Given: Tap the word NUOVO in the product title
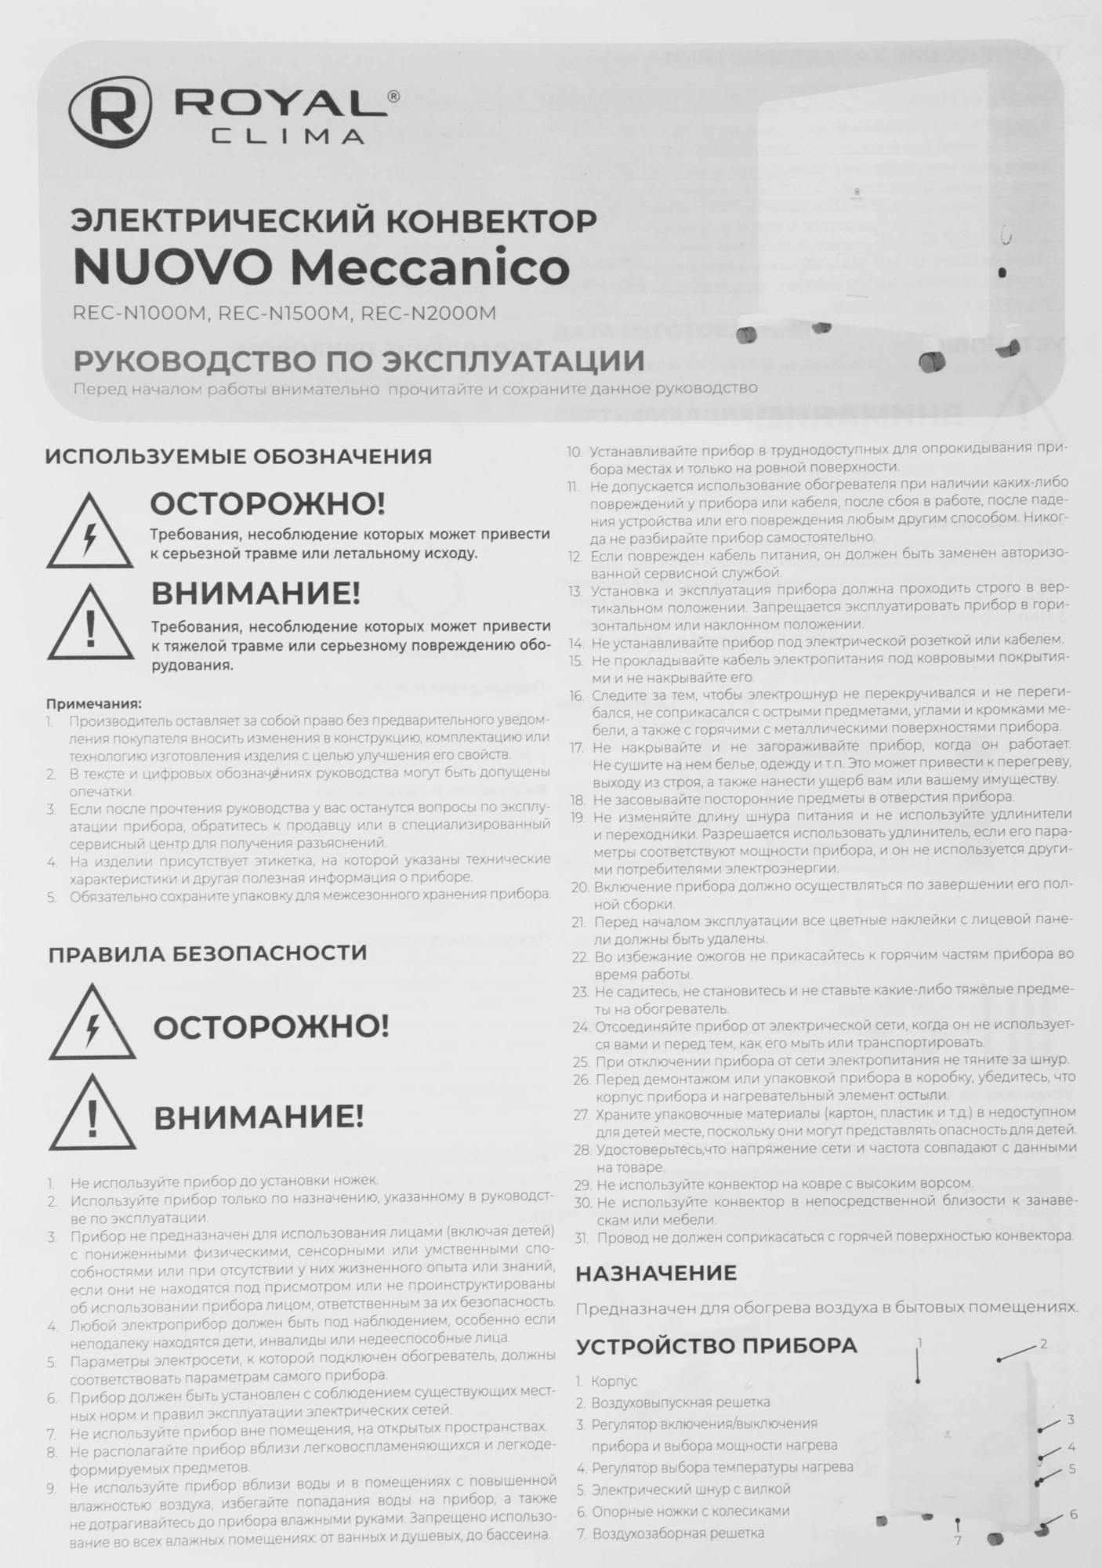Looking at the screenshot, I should click(x=176, y=267).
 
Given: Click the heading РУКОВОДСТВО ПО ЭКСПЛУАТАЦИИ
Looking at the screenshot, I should click(x=358, y=361).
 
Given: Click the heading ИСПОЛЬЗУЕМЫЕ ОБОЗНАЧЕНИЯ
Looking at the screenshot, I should click(x=238, y=456).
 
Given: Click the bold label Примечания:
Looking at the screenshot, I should click(x=94, y=703).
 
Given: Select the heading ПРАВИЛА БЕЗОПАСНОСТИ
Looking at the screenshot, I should click(x=208, y=953).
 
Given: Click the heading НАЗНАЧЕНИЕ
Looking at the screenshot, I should click(x=656, y=1272).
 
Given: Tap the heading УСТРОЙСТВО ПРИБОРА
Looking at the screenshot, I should click(x=716, y=1346).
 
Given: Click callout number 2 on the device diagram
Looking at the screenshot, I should click(x=1043, y=1344).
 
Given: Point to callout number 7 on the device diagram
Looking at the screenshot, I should click(x=958, y=1541).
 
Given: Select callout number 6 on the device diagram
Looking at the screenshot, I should click(x=1073, y=1514).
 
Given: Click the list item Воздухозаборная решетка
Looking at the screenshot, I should click(x=677, y=1533).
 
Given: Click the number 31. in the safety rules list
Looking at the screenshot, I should click(x=581, y=1237).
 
